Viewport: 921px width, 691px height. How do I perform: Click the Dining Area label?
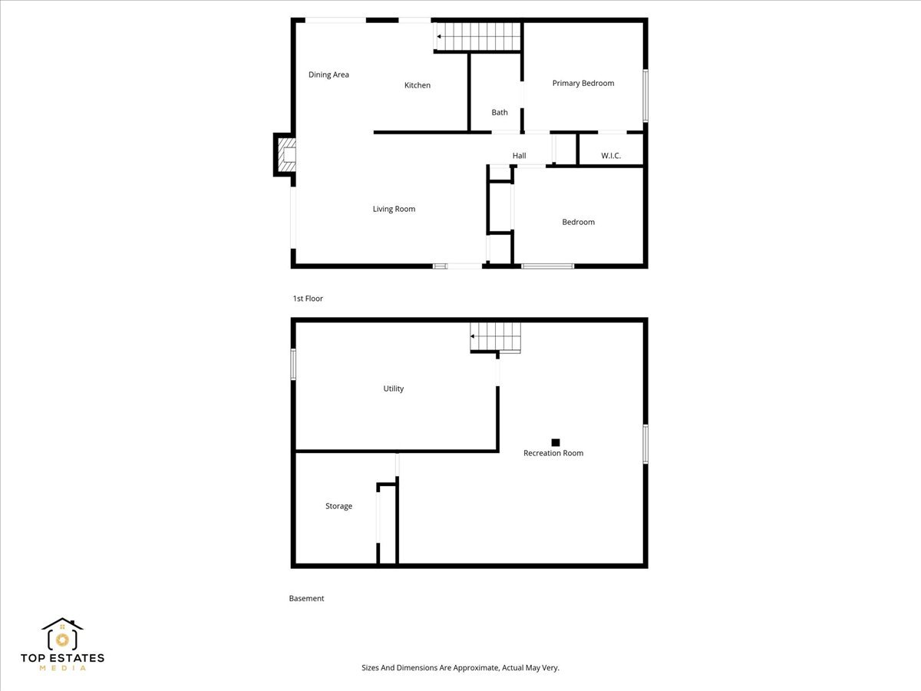pos(328,74)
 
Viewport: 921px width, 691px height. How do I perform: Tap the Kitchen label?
pos(417,85)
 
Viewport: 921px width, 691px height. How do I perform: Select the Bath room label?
pos(500,112)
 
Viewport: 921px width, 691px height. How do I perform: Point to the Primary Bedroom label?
pos(583,83)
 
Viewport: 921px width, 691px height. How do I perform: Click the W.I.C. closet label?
pos(610,156)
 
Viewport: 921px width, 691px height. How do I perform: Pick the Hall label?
pos(519,156)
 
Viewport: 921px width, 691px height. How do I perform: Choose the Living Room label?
pos(394,209)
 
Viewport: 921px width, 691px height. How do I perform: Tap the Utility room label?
pos(393,388)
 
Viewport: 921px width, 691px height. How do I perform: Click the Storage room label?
pos(338,506)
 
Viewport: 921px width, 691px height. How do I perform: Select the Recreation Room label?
pos(553,453)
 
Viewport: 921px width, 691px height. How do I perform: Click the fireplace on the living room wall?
pos(285,155)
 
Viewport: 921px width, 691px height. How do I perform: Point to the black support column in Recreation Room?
pos(555,442)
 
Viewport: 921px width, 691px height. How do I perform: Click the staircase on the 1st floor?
pos(478,37)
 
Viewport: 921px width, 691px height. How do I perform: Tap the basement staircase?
pos(495,337)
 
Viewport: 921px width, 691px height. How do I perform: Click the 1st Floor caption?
pos(308,299)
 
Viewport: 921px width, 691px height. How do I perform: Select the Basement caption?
pos(306,598)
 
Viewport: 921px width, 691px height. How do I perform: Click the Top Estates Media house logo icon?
pos(62,634)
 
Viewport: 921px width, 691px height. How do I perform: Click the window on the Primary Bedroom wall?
pos(645,96)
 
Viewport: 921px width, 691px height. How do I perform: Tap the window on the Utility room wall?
pos(293,364)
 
